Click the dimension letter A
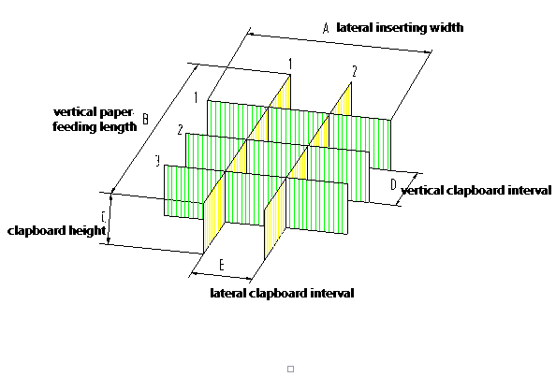point(327,28)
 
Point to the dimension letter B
point(145,119)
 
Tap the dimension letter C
point(104,217)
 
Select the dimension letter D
point(393,184)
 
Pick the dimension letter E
point(222,265)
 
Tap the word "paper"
point(117,112)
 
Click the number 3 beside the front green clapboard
point(157,161)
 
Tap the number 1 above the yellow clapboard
point(290,65)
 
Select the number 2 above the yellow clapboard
point(354,72)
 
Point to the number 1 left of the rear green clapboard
point(196,97)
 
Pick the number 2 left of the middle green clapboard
point(180,130)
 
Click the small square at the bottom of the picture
point(290,369)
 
